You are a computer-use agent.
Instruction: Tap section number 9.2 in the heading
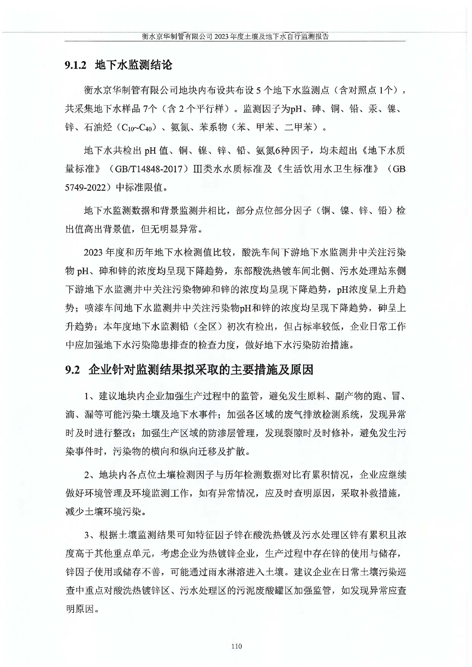(x=72, y=370)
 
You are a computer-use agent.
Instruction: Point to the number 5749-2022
(x=85, y=187)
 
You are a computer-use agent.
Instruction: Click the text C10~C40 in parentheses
(x=136, y=128)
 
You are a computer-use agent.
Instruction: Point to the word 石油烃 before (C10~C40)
(x=98, y=127)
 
